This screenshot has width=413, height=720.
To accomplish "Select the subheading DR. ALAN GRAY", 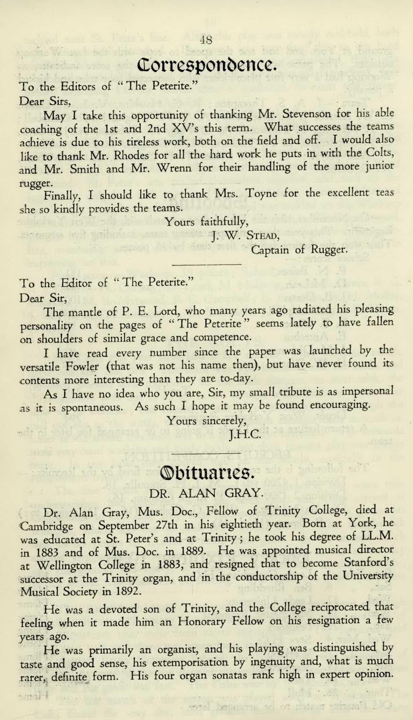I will [206, 493].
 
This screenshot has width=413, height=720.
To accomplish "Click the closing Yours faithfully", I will [206, 222].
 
